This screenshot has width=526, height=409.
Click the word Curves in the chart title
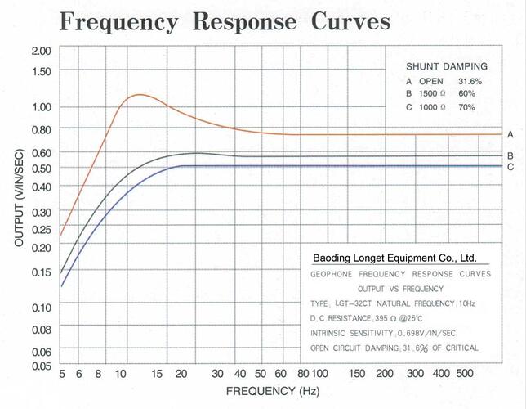pyautogui.click(x=345, y=21)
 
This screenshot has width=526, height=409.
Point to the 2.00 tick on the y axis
pyautogui.click(x=41, y=51)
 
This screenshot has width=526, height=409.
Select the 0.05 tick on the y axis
pyautogui.click(x=41, y=366)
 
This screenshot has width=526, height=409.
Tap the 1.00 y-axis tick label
pyautogui.click(x=41, y=107)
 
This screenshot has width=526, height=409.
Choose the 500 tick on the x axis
pyautogui.click(x=465, y=374)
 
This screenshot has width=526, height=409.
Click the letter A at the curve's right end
pyautogui.click(x=510, y=134)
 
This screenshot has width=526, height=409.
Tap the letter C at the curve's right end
pyautogui.click(x=510, y=167)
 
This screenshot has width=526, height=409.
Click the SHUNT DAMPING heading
pyautogui.click(x=447, y=66)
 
